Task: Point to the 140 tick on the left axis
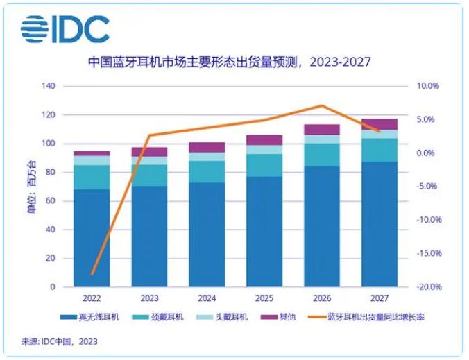(49, 87)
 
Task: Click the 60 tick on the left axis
(51, 201)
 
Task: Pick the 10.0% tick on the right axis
(427, 87)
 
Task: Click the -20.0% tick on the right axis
(426, 286)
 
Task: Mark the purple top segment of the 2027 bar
(380, 124)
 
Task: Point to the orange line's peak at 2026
(321, 106)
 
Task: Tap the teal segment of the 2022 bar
(92, 177)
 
